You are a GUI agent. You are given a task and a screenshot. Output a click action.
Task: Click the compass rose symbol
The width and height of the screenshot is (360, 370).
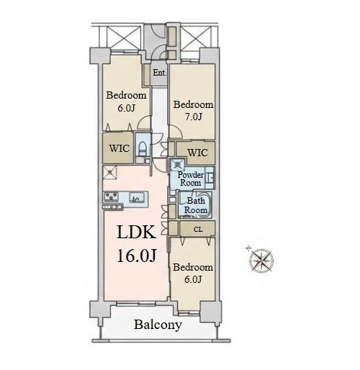[x=261, y=261]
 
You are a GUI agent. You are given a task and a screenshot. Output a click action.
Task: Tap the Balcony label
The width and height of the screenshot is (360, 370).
[x=158, y=325]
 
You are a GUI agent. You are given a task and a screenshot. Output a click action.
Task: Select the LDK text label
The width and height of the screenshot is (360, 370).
[x=136, y=232]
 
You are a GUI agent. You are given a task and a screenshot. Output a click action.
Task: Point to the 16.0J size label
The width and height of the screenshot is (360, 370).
[x=137, y=256]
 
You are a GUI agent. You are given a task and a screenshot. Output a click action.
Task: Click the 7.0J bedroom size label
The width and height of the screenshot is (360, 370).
[x=194, y=117]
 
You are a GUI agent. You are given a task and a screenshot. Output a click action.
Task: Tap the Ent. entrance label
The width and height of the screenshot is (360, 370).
[x=160, y=73]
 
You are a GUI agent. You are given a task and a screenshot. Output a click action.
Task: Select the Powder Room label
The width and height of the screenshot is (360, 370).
[x=191, y=179]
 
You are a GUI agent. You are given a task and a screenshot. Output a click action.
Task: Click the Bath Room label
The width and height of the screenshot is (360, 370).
[x=196, y=205]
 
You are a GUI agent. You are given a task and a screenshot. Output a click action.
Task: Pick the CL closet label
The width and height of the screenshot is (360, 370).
[x=198, y=230]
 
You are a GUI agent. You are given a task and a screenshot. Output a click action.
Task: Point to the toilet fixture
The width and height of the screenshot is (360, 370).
[x=143, y=148]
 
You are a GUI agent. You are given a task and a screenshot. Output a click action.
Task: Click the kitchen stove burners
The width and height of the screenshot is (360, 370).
[x=111, y=197]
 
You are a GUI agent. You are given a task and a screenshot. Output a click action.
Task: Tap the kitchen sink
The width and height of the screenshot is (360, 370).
[x=137, y=197]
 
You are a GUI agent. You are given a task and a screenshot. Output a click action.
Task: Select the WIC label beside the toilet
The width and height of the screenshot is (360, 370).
[x=119, y=148]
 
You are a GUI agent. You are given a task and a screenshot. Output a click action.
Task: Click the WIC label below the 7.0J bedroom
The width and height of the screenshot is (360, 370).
[x=197, y=153]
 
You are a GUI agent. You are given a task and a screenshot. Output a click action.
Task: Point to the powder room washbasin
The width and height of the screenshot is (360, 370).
[x=210, y=178]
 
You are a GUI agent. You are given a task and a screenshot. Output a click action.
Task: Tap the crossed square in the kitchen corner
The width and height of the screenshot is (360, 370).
[x=109, y=172]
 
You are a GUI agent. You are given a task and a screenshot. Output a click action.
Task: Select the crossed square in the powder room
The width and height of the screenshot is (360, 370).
[x=177, y=165]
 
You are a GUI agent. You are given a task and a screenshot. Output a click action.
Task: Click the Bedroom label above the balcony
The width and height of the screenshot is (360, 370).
[x=193, y=267]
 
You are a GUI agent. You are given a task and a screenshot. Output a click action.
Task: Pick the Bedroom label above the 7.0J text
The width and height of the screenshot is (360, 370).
[x=193, y=104]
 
